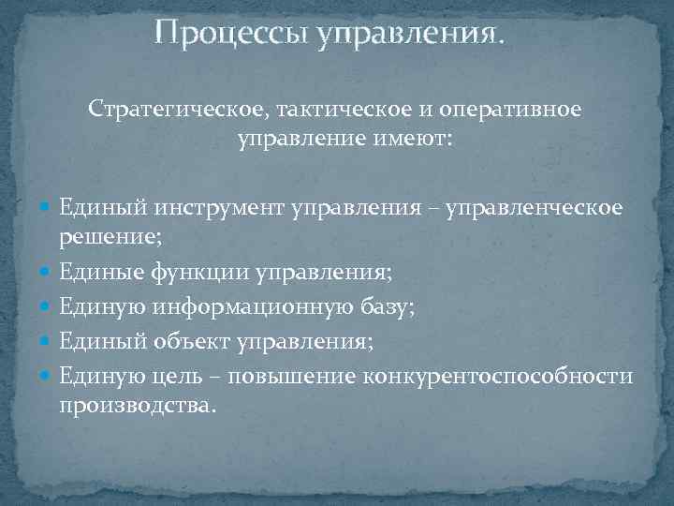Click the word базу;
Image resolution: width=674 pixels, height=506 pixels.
[x=385, y=306]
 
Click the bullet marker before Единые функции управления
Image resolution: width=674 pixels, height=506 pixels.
[x=47, y=274]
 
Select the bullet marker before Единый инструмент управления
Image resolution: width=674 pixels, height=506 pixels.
[x=47, y=207]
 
